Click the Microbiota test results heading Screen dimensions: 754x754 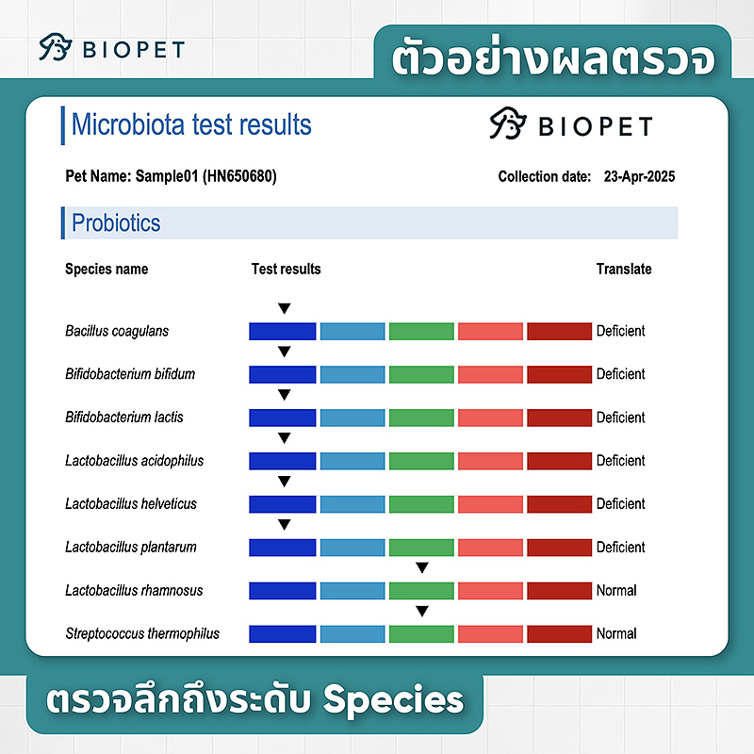pos(191,124)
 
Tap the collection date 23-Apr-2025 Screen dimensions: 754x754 pos(639,176)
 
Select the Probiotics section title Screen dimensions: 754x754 pos(116,223)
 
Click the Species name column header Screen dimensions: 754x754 pos(107,269)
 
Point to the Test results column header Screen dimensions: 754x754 pos(286,269)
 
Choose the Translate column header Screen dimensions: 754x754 pos(624,269)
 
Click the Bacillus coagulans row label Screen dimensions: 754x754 pos(117,331)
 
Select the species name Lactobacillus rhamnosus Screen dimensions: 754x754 pos(134,590)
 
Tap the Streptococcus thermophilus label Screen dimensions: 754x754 pos(142,633)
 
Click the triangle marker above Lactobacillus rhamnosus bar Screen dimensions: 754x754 pos(422,567)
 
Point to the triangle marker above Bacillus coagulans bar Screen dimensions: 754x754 pos(284,308)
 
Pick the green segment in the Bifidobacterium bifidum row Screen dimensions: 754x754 pos(421,374)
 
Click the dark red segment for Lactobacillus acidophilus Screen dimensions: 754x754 pos(559,461)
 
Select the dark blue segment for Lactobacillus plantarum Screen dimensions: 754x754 pos(282,548)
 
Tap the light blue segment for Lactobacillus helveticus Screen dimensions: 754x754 pos(352,504)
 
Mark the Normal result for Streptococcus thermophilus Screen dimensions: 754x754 pos(616,633)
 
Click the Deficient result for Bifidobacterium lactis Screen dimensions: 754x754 pos(620,418)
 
